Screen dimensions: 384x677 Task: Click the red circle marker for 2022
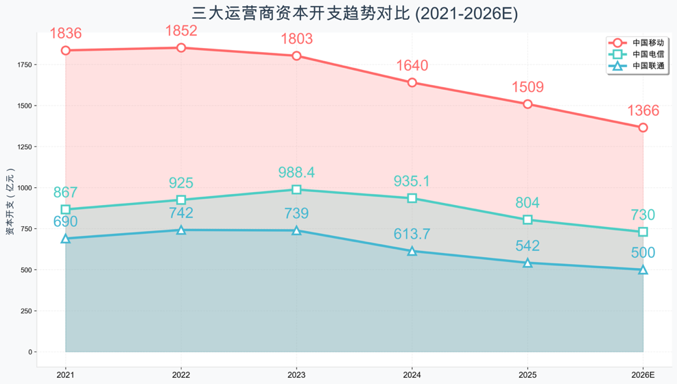pos(181,48)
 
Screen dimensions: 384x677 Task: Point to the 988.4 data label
pos(296,172)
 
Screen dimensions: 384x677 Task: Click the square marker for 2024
pos(412,198)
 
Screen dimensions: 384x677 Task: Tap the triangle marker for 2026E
pos(643,269)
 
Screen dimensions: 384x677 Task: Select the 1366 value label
pos(643,110)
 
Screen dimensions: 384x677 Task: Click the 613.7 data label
pos(412,234)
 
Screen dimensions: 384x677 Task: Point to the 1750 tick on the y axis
pos(25,64)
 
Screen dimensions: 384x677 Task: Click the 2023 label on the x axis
pos(296,374)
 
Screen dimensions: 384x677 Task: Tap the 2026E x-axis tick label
pos(643,374)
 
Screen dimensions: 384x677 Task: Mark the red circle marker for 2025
pos(527,104)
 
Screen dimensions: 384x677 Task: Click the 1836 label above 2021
pos(66,33)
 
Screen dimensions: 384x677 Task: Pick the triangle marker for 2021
pos(66,239)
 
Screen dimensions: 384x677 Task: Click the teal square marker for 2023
pos(296,189)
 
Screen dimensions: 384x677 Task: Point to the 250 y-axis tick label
pos(27,311)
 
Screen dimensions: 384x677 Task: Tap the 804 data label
pos(527,202)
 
